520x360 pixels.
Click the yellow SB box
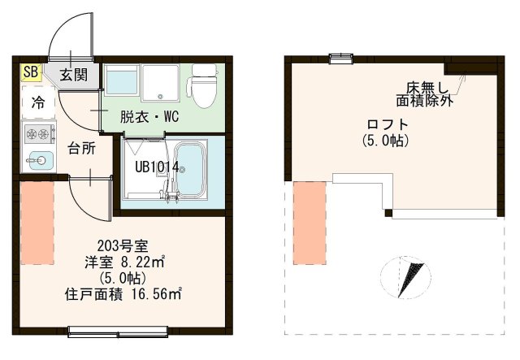coord(30,72)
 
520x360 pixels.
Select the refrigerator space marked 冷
coord(37,102)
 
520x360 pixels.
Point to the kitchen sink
coord(37,159)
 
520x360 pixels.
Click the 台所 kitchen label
coord(81,150)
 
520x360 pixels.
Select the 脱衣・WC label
coord(149,117)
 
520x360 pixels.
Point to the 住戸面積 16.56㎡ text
coord(122,294)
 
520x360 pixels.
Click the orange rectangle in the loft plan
coord(309,222)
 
